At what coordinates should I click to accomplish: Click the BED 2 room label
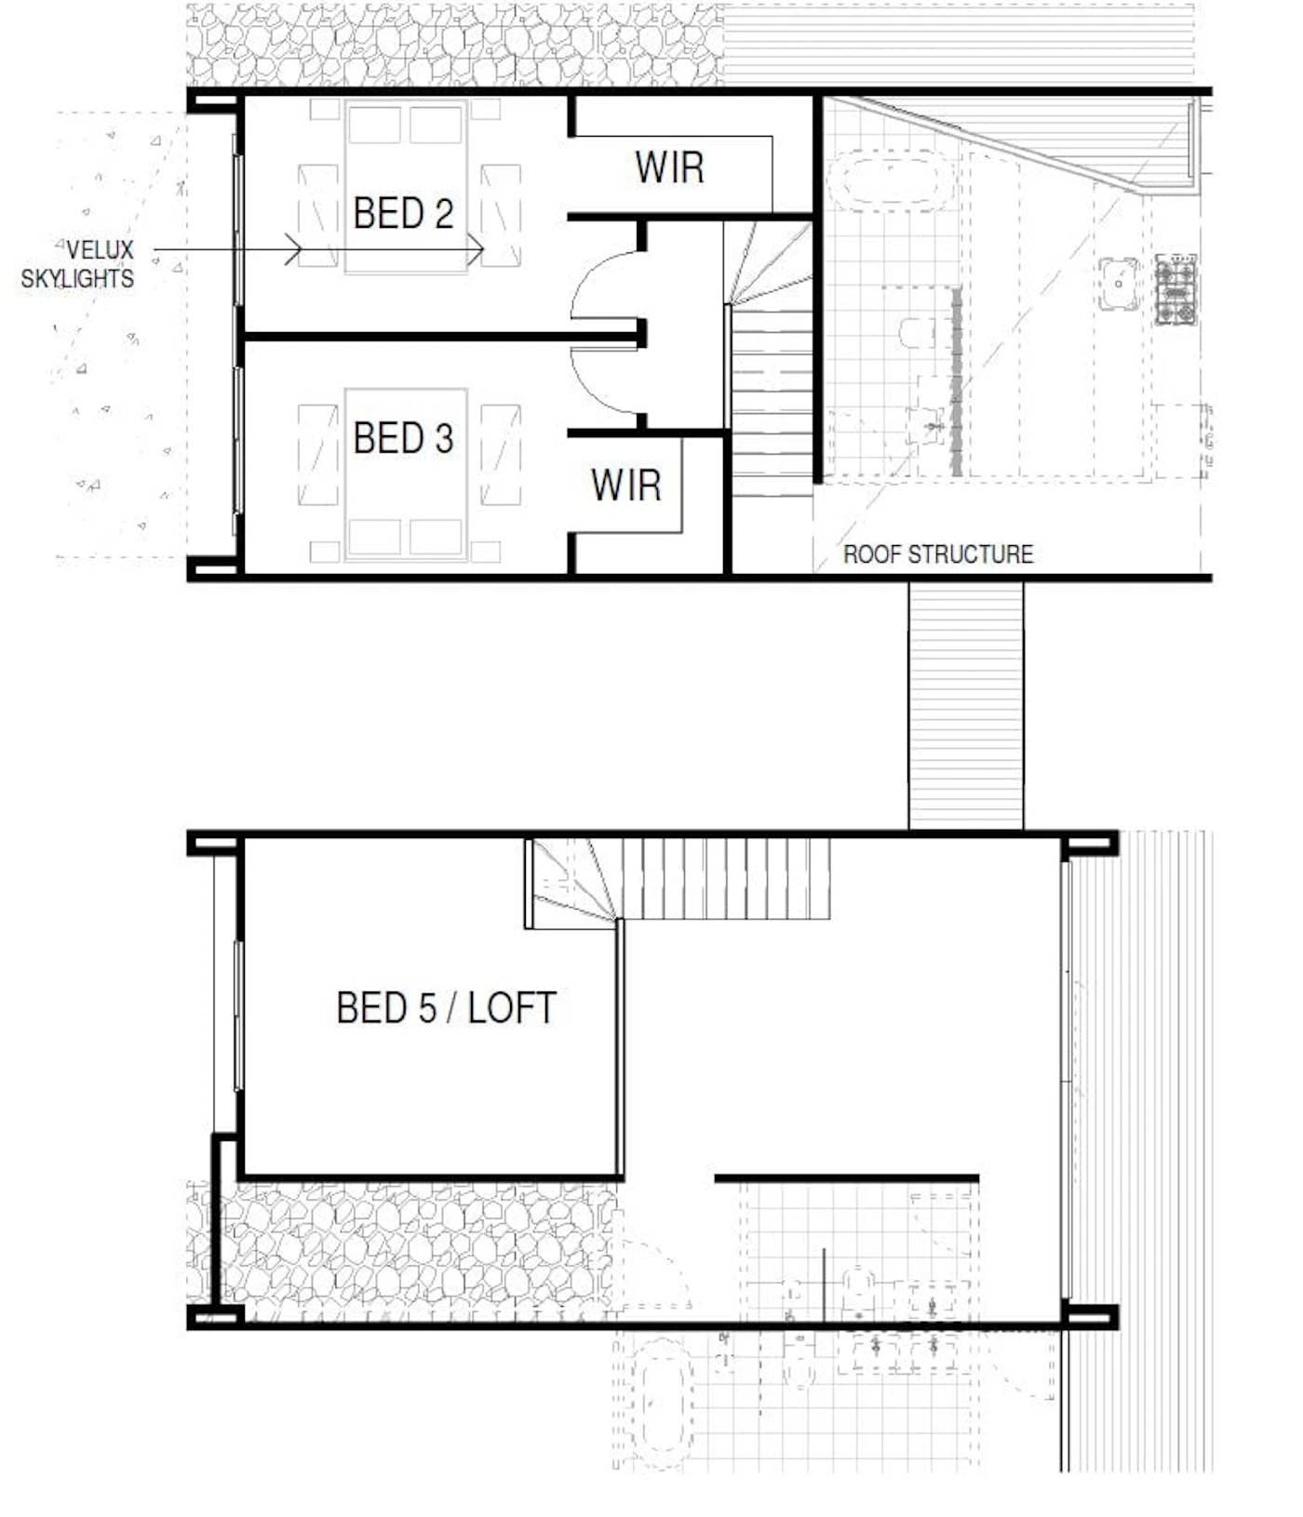[403, 213]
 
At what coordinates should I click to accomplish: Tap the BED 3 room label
[403, 438]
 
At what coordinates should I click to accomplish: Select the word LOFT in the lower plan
[512, 1008]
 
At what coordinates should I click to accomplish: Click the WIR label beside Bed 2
[669, 167]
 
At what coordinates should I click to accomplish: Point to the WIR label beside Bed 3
[625, 485]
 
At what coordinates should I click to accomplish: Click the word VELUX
[99, 249]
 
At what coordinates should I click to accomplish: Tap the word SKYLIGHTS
[77, 278]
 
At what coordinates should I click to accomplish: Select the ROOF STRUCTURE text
[938, 554]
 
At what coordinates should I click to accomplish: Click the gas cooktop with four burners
[1175, 289]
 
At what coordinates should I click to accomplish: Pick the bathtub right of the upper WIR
[891, 180]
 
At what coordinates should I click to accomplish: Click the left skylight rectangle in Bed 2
[317, 216]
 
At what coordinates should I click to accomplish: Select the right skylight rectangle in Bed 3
[501, 455]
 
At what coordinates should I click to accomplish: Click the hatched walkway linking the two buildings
[966, 705]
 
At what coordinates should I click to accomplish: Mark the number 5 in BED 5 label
[427, 1008]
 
